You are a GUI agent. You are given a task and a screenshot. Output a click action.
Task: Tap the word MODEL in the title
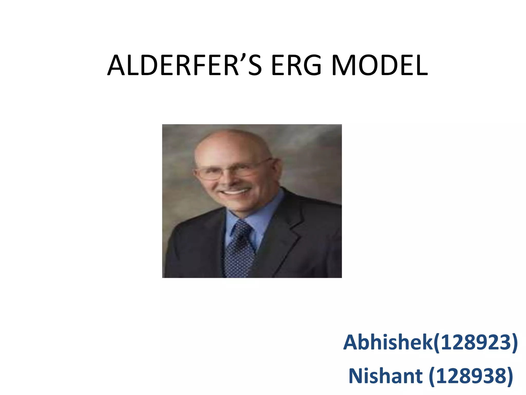380,66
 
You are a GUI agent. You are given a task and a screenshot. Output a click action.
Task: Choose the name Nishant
385,376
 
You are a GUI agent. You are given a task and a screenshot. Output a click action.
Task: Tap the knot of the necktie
241,228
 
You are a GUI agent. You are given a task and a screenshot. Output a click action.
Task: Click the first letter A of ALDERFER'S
116,66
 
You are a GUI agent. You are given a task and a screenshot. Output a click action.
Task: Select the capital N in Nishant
356,376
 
